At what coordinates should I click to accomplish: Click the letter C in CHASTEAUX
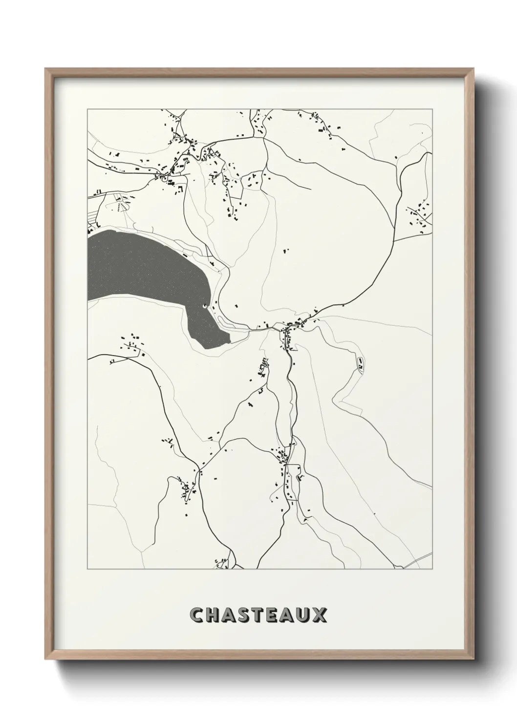tap(197, 615)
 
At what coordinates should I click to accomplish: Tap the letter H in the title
tap(214, 615)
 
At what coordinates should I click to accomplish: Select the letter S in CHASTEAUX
tap(247, 615)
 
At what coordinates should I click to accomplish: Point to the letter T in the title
tap(263, 615)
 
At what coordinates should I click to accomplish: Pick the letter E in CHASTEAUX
tap(278, 615)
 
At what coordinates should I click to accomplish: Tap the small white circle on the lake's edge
tap(204, 307)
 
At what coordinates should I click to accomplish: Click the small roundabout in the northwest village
tap(164, 179)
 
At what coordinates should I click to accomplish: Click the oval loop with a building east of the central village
tap(360, 364)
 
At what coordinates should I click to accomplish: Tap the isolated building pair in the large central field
tap(286, 250)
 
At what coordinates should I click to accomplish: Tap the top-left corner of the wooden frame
tap(46, 69)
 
